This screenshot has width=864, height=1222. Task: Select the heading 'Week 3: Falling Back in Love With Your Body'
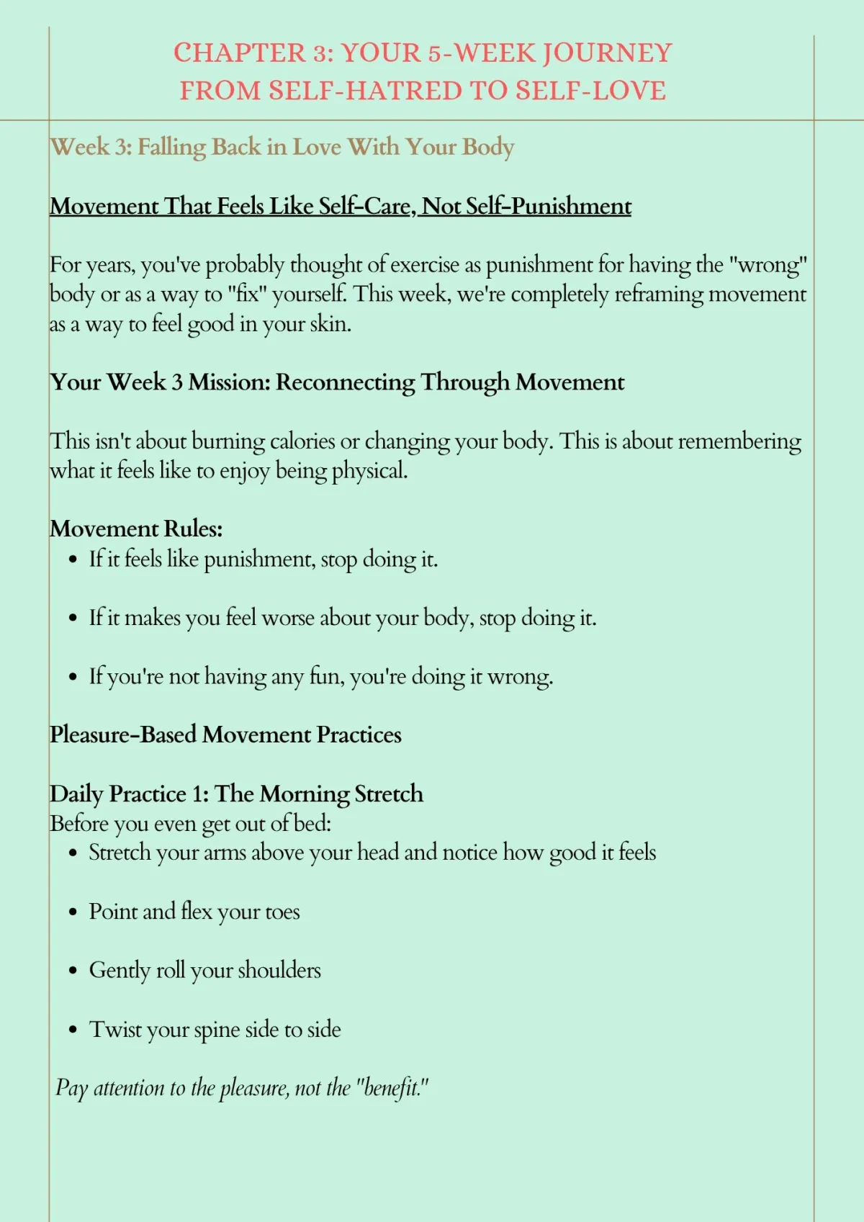point(282,147)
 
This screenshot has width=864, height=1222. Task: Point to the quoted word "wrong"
point(768,265)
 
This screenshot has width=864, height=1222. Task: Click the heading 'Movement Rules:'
point(136,529)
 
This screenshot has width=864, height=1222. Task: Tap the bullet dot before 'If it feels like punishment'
point(73,560)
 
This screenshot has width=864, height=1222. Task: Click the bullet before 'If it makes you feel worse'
point(73,619)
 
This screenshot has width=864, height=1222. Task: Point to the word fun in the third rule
point(323,677)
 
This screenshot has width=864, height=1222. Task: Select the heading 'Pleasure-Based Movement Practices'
point(225,735)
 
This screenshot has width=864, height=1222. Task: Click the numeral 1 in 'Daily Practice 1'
point(199,794)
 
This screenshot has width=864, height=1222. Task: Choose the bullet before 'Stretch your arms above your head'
point(73,853)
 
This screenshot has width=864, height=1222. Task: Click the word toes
point(282,912)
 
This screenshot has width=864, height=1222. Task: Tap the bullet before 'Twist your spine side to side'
point(73,1030)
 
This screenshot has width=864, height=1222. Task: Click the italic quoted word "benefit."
point(392,1088)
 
